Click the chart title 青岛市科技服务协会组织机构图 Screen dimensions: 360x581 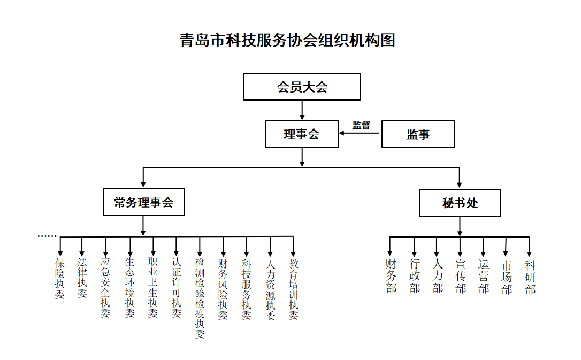tap(287, 41)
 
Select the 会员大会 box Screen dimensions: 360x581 tap(302, 87)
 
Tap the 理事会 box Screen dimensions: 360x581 tap(302, 134)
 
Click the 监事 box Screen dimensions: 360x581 tap(418, 134)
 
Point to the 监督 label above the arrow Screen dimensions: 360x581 tap(361, 125)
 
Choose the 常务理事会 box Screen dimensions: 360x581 tap(143, 202)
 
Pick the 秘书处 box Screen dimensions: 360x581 tap(460, 203)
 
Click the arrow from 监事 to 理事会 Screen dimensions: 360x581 tap(360, 134)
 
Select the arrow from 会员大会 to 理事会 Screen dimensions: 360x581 tap(302, 110)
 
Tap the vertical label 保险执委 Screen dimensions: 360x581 tap(60, 279)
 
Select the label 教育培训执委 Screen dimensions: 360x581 tap(294, 289)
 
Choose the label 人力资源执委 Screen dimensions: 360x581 tap(271, 289)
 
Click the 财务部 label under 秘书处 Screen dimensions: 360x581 tap(391, 276)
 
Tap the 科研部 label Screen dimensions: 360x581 tap(530, 277)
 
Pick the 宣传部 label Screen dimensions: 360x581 tap(461, 277)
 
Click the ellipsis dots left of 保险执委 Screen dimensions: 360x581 tap(47, 236)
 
